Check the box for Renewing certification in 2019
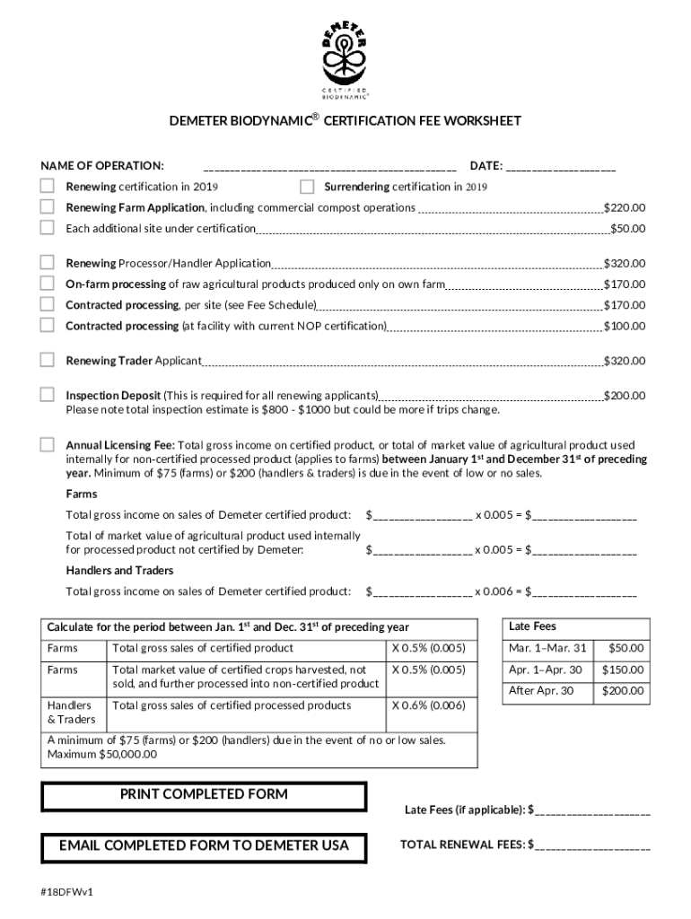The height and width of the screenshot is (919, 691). (47, 186)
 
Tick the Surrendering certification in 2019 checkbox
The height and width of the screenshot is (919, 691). (307, 186)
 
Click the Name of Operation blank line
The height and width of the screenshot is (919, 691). (329, 166)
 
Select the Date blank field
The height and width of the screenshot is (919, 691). (561, 166)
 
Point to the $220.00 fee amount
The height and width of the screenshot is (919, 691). (624, 207)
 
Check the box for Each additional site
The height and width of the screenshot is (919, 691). (47, 227)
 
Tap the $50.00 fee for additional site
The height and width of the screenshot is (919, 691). (627, 228)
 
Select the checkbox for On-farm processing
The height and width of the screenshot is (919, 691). (47, 284)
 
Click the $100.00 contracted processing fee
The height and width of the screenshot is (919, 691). (624, 326)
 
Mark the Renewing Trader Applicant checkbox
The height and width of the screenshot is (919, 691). (47, 360)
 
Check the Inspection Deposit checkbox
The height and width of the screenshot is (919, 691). (47, 394)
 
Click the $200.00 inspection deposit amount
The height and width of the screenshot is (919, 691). (624, 395)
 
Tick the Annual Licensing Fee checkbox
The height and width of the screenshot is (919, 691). (47, 444)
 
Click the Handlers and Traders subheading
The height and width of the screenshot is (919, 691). (119, 570)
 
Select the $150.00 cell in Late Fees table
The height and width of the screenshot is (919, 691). (622, 670)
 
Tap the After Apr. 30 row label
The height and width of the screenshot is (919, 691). (540, 690)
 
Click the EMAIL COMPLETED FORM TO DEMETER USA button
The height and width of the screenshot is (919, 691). (204, 845)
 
